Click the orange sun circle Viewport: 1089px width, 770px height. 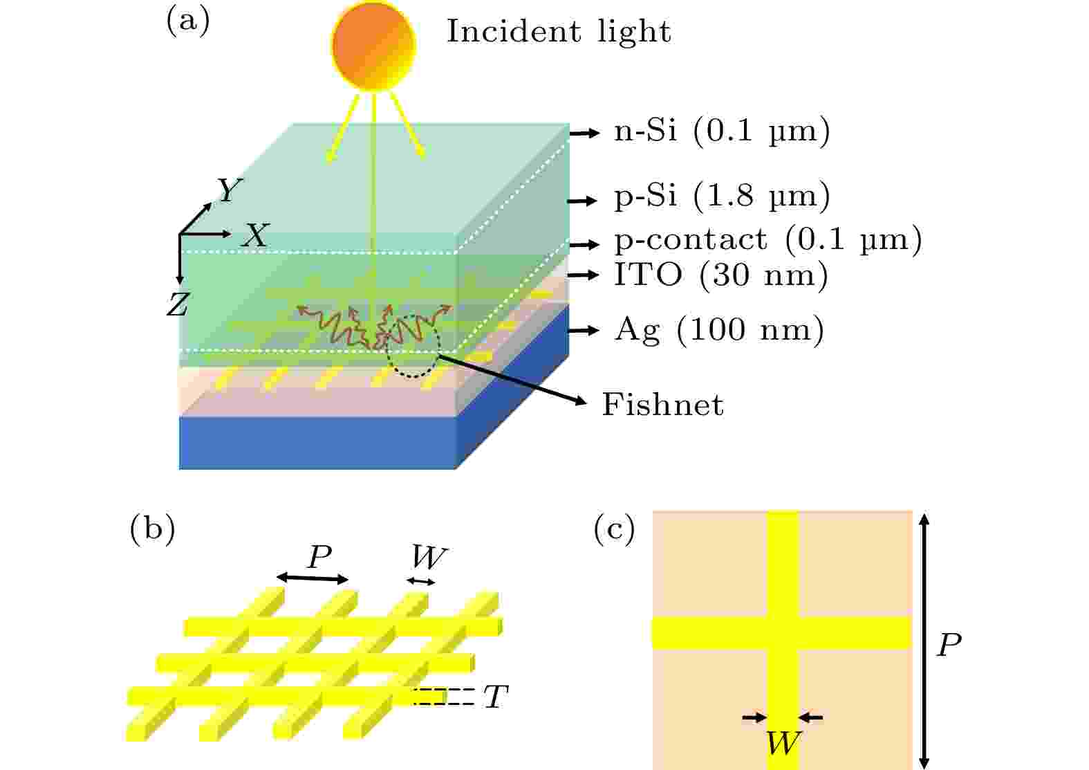[373, 45]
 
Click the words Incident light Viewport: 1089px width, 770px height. [559, 32]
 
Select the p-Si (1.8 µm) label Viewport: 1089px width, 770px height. [723, 196]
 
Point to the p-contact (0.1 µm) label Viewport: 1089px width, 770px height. [768, 239]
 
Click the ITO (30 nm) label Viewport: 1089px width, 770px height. [721, 276]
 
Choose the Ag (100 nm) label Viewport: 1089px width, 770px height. [720, 330]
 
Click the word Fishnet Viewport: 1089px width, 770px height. [663, 405]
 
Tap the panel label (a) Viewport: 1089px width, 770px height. [188, 22]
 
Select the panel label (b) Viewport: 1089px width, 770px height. [153, 530]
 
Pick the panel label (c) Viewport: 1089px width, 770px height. [615, 530]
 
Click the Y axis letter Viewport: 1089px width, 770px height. [230, 190]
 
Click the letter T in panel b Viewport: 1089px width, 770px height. [496, 697]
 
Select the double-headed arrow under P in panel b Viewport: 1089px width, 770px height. [313, 578]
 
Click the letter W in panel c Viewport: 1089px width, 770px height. [783, 743]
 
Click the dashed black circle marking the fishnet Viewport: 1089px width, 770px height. [413, 347]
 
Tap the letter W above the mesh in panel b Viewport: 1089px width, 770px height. [428, 557]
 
